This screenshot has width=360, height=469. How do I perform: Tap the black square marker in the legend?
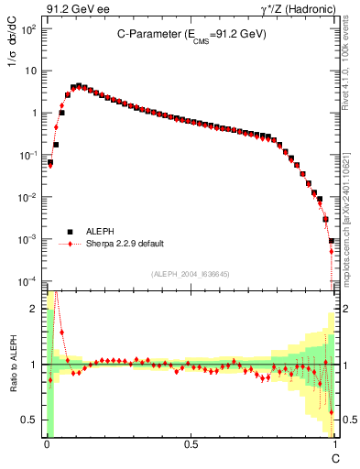(70, 232)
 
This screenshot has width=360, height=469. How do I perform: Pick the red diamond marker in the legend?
(70, 245)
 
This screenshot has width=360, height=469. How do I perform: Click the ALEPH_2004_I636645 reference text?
(191, 273)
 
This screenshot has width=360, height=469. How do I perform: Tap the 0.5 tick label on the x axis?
(191, 445)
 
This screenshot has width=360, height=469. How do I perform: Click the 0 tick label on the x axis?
(47, 445)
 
